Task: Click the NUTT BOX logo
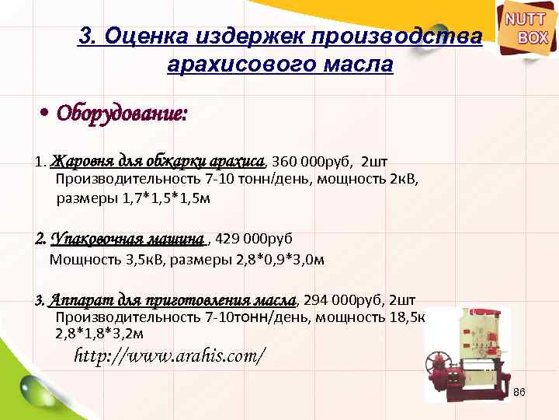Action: (x=527, y=29)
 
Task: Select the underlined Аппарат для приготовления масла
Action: (x=172, y=299)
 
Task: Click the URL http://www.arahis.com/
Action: (x=169, y=357)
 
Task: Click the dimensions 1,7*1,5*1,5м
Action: (x=166, y=198)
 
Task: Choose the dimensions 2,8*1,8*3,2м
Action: (x=99, y=334)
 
